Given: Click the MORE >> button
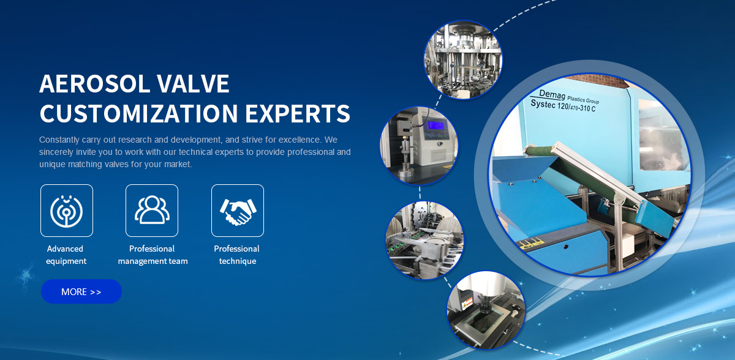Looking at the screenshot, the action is [81, 291].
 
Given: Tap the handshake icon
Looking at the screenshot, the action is [238, 211].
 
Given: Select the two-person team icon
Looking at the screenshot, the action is [152, 210].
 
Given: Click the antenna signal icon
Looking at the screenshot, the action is [67, 211].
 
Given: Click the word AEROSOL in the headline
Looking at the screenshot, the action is [94, 84].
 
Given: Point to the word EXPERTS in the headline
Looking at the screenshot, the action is [298, 113].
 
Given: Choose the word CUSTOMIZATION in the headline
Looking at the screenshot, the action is [138, 113].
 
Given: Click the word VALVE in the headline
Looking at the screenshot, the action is [192, 84].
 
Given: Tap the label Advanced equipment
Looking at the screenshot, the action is [66, 255].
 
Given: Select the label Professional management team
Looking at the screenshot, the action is [153, 255].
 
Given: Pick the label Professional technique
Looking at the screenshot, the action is [237, 255].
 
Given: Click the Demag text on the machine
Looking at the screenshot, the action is [552, 94].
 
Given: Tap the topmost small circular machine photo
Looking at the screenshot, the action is [462, 59].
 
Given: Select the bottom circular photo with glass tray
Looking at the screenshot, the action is [486, 310].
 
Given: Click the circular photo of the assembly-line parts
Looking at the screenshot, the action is [424, 241].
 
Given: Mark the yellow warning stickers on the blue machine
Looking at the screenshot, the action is [531, 244].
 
